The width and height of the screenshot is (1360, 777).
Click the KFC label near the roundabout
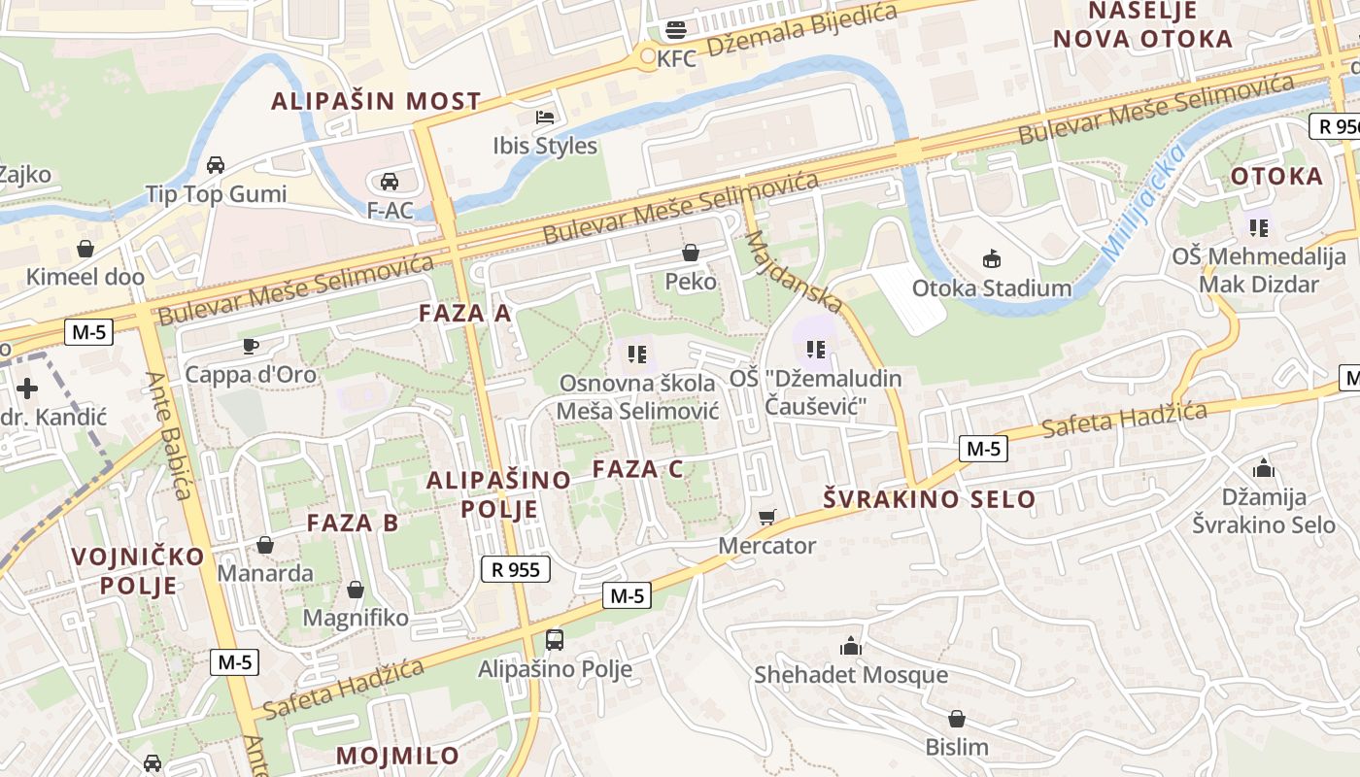pyautogui.click(x=676, y=58)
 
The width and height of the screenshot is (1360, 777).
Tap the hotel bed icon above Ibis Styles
pyautogui.click(x=545, y=118)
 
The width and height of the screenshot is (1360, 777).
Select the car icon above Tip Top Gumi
pyautogui.click(x=216, y=164)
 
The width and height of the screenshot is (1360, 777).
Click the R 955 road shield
pyautogui.click(x=516, y=569)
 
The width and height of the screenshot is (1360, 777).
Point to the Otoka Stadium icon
pyautogui.click(x=991, y=258)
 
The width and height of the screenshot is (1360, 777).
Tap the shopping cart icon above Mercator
pyautogui.click(x=767, y=517)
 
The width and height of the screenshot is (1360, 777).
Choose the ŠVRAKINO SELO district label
pyautogui.click(x=929, y=499)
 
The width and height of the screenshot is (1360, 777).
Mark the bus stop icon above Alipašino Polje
pyautogui.click(x=554, y=639)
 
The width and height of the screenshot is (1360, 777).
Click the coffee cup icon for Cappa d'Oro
pyautogui.click(x=251, y=346)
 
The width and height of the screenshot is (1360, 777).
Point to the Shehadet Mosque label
pyautogui.click(x=851, y=674)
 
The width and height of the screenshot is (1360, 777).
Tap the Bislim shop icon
pyautogui.click(x=957, y=719)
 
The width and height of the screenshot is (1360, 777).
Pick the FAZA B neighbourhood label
pyautogui.click(x=353, y=523)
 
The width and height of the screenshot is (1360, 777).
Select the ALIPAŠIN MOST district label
pyautogui.click(x=376, y=101)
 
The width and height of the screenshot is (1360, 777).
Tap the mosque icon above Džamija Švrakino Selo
pyautogui.click(x=1264, y=469)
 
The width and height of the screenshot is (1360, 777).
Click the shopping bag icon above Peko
pyautogui.click(x=691, y=253)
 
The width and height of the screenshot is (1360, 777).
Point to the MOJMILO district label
pyautogui.click(x=397, y=756)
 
